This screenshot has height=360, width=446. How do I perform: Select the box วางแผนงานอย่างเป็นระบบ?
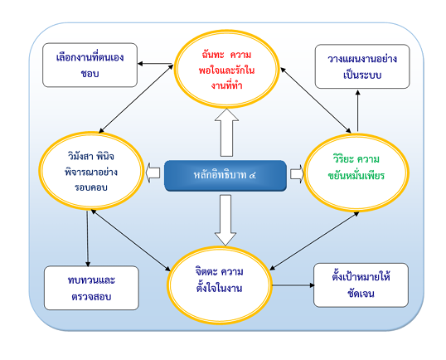(x=361, y=67)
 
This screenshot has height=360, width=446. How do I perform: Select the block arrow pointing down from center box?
(x=223, y=217)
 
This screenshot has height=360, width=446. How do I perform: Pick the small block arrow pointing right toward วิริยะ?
(x=296, y=174)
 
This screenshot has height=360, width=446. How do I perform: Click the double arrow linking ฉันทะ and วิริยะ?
(x=313, y=98)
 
